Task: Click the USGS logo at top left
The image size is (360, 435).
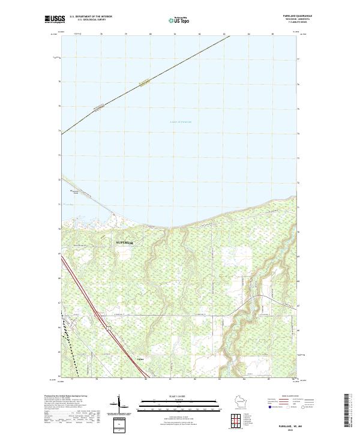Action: pyautogui.click(x=55, y=20)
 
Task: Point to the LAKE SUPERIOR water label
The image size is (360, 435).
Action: pyautogui.click(x=180, y=122)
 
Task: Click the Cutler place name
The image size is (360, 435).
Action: pyautogui.click(x=140, y=359)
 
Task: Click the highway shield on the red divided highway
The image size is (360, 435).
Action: pyautogui.click(x=108, y=328)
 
